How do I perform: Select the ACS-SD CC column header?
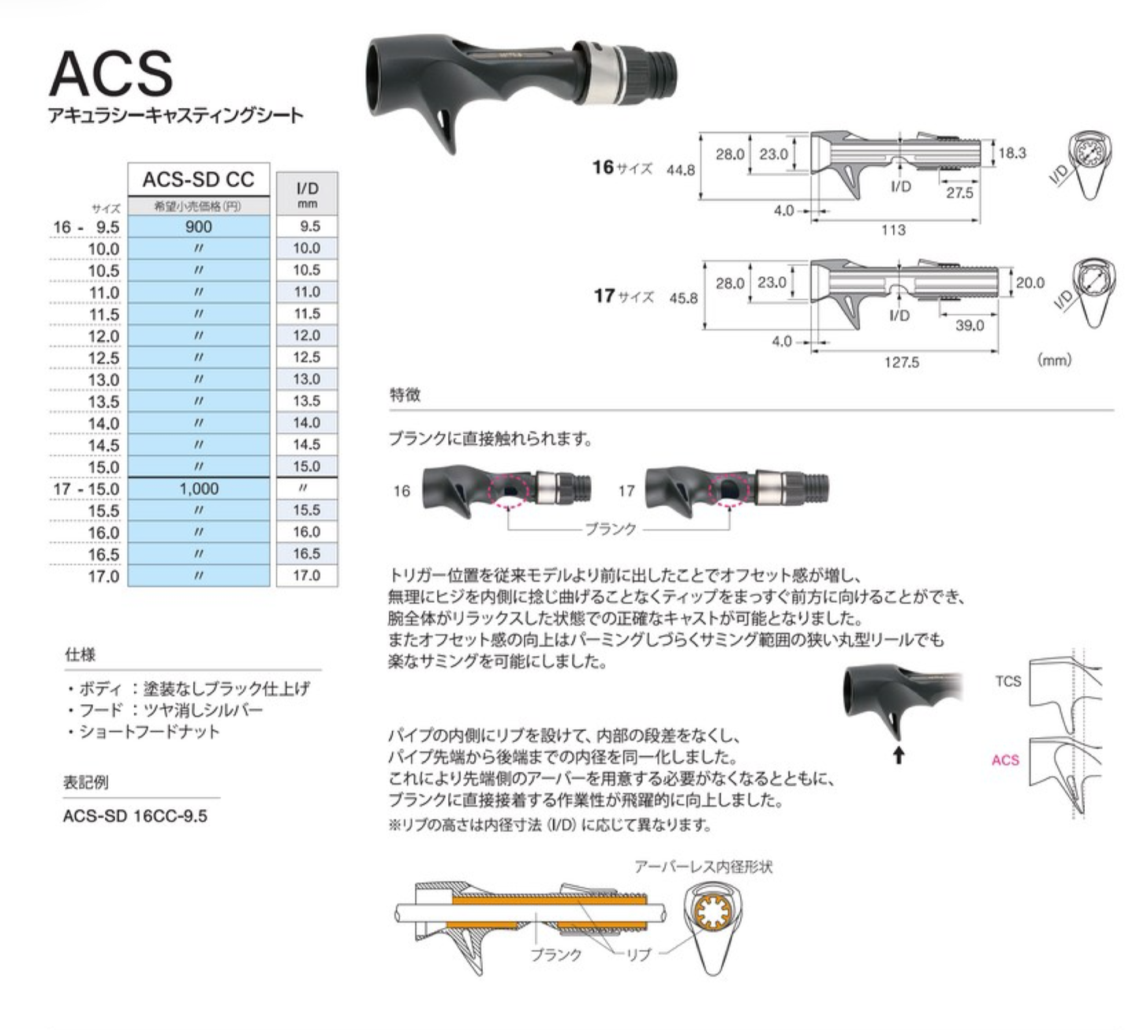click(198, 180)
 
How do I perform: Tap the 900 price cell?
click(198, 227)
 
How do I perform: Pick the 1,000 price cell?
click(198, 489)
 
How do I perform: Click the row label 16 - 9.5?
click(86, 227)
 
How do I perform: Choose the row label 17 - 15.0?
click(86, 489)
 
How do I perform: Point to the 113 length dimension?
click(893, 230)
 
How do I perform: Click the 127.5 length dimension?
click(901, 362)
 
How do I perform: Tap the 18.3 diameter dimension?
click(1011, 152)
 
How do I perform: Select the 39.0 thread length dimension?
click(969, 325)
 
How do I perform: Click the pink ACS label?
click(1005, 760)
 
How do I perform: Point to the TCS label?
click(1007, 681)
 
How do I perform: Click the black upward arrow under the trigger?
click(898, 755)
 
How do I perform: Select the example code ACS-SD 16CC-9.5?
click(135, 816)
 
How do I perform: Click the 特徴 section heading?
click(405, 395)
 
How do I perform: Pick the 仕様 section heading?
click(80, 655)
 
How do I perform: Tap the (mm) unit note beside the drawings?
click(1054, 360)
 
